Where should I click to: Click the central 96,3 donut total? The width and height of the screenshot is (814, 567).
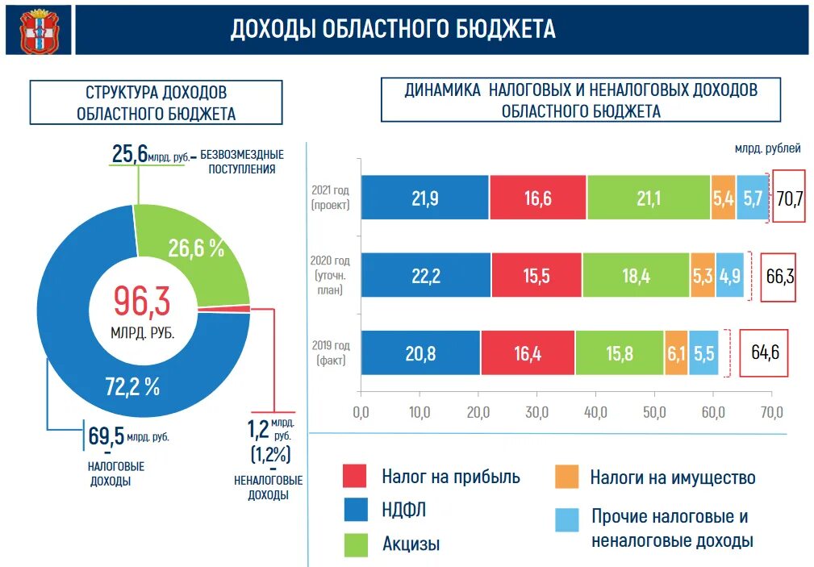tap(141, 301)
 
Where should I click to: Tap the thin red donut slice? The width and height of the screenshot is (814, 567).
tap(241, 308)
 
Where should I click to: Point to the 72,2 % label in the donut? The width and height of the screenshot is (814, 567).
tap(132, 386)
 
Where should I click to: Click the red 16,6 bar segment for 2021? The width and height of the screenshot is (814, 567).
tap(537, 198)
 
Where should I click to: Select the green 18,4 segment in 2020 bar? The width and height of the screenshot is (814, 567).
tap(636, 275)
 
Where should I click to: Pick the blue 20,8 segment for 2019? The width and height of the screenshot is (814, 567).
tap(420, 352)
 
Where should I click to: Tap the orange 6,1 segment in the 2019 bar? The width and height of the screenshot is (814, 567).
tap(676, 352)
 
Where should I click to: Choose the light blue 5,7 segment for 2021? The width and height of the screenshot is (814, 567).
tap(753, 198)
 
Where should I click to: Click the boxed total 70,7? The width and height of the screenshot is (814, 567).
tap(789, 198)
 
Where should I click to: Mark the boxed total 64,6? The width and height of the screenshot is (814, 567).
tap(764, 352)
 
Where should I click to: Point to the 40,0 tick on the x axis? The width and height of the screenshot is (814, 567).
tap(595, 413)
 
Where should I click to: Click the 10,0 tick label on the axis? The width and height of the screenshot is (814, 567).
tap(420, 413)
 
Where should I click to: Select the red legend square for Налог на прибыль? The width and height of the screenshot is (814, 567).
tap(355, 476)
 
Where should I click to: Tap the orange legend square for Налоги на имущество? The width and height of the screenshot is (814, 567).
tap(567, 476)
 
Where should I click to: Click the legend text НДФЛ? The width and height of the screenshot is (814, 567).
tap(404, 510)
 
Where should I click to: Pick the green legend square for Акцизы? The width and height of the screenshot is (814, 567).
tap(355, 544)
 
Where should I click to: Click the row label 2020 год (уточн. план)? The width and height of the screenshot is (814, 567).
tap(331, 275)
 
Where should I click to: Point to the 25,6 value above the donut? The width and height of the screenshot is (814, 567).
tap(129, 153)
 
